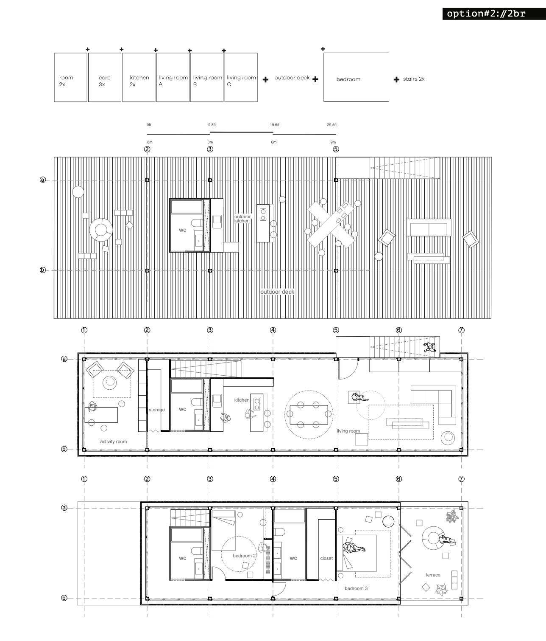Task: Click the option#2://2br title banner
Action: [494, 14]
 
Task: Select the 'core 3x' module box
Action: [105, 77]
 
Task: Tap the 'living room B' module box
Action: [207, 77]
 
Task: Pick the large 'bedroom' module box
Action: [356, 77]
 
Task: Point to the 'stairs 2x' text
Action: [414, 79]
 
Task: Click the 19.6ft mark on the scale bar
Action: [275, 125]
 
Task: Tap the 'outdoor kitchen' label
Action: [242, 219]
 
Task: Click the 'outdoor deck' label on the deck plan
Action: [277, 292]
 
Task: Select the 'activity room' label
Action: [113, 441]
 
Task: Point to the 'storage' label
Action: [157, 410]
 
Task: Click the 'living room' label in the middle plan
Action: [348, 431]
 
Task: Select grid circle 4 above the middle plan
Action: [273, 330]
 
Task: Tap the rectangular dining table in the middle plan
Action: [309, 415]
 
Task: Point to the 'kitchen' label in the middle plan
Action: [242, 400]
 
